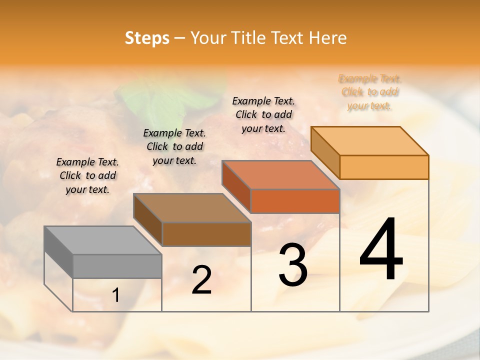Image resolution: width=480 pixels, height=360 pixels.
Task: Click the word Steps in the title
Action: (147, 38)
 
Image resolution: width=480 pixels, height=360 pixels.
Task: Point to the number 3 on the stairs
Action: (292, 265)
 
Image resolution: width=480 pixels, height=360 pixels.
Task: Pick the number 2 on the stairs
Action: (201, 280)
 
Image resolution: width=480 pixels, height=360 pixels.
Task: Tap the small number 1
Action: (115, 295)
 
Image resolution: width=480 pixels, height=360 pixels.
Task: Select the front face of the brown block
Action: (206, 234)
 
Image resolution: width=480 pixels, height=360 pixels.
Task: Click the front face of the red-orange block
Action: (295, 200)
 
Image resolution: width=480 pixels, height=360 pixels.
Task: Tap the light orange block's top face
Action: (370, 140)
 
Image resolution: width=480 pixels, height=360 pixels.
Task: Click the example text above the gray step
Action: (87, 175)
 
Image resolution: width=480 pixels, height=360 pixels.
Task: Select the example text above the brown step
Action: (174, 146)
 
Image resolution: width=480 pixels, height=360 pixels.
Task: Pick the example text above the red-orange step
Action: (263, 114)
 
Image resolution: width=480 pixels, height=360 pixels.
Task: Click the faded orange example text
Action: (369, 92)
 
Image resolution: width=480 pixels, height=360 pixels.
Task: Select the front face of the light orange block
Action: (384, 167)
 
